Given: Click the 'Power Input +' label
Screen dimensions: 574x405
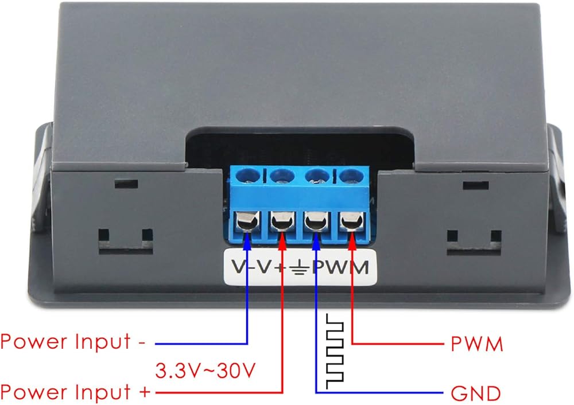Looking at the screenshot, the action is tap(75, 392).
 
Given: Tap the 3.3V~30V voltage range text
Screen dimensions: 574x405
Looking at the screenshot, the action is tap(205, 371).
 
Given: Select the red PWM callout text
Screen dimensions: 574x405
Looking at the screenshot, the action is tap(476, 344).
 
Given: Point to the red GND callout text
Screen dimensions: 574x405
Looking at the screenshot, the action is tap(475, 394).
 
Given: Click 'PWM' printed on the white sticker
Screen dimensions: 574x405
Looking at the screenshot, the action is tap(340, 268).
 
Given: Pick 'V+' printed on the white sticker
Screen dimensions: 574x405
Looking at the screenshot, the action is tap(272, 267).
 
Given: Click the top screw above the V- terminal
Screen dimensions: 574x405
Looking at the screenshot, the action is tap(248, 175).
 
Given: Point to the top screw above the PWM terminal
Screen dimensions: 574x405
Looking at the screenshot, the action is tap(351, 175).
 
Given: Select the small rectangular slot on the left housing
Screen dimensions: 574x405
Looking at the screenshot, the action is tap(126, 184).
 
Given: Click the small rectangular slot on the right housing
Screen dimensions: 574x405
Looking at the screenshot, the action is tap(475, 185).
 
